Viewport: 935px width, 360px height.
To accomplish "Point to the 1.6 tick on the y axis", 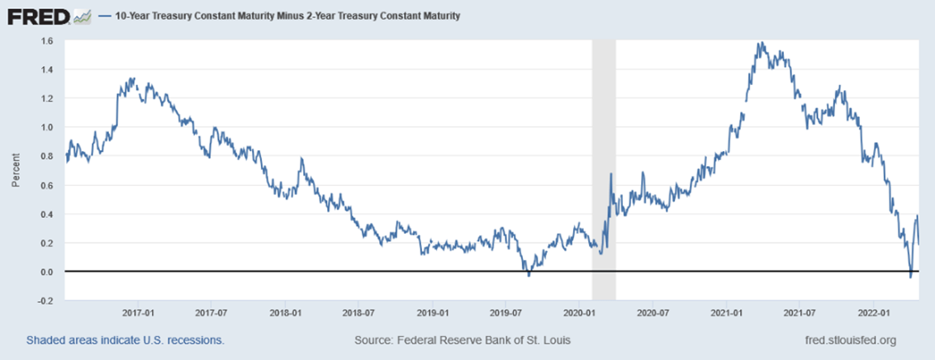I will [x=46, y=40].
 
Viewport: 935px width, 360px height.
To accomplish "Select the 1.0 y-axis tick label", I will [x=46, y=127].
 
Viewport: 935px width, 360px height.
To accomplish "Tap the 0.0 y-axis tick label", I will [x=46, y=272].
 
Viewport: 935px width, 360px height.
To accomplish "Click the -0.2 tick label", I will [x=45, y=301].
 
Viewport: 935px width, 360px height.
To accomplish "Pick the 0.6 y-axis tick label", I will [x=46, y=185].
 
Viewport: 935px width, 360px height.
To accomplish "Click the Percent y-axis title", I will [x=15, y=170].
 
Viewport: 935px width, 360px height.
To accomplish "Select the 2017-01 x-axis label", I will [x=139, y=314].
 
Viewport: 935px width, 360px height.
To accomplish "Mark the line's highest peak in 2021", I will [x=761, y=43].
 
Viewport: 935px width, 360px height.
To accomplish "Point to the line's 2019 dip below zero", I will [x=529, y=274].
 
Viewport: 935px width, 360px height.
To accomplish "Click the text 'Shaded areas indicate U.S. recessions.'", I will [x=125, y=340].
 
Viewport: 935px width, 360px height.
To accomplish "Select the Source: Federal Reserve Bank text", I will [x=462, y=340].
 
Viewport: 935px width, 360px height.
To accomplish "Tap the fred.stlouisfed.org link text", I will [x=850, y=340].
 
